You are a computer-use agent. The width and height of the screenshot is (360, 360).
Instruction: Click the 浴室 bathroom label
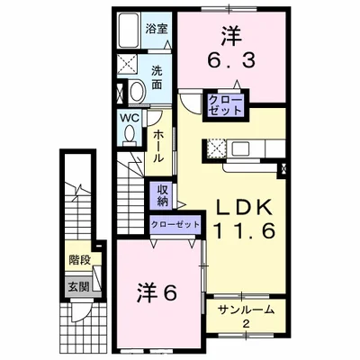tap(157, 28)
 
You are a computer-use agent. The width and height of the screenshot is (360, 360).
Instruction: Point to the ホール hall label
tap(158, 144)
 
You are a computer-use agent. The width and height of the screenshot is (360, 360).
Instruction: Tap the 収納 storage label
tap(163, 194)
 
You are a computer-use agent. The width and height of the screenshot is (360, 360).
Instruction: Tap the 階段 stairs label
tap(78, 261)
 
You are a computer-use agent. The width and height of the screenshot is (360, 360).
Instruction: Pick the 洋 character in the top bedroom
tap(229, 36)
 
